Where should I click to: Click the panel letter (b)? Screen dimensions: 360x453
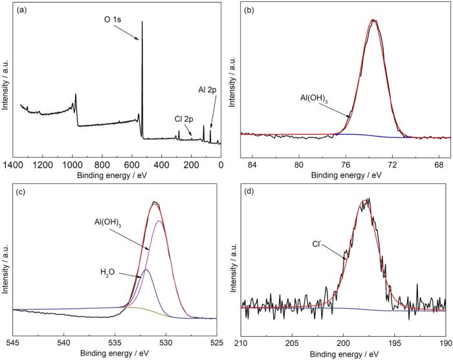tap(246, 12)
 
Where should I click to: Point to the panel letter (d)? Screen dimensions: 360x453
tap(247, 190)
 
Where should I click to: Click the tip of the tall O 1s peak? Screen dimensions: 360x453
tap(142, 22)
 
